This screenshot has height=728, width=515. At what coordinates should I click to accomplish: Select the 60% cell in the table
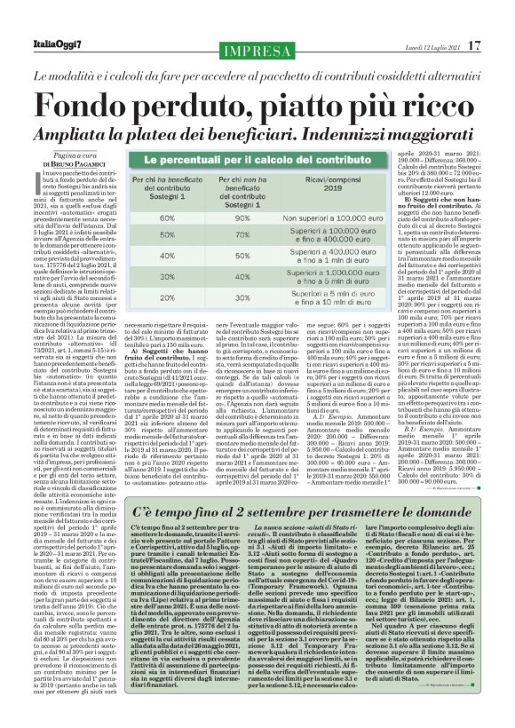click(166, 217)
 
